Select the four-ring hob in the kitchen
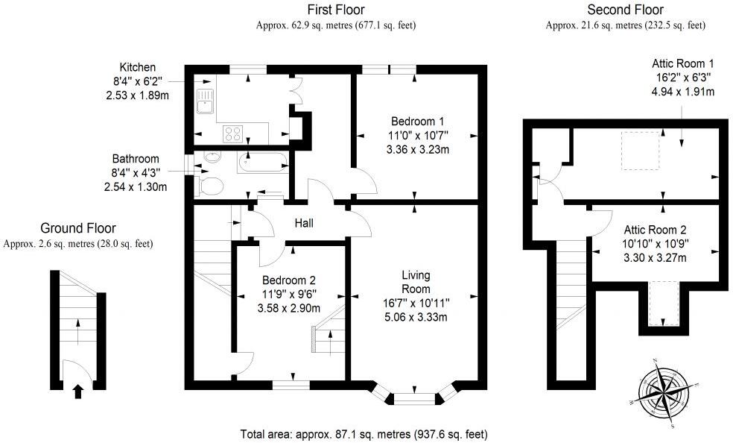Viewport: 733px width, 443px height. pyautogui.click(x=232, y=133)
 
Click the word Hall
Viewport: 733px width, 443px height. pyautogui.click(x=305, y=223)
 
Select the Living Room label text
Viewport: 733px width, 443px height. pyautogui.click(x=416, y=282)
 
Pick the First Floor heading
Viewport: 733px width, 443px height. pyautogui.click(x=335, y=10)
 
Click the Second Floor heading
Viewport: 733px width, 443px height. pyautogui.click(x=625, y=10)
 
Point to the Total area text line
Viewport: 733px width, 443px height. pyautogui.click(x=364, y=433)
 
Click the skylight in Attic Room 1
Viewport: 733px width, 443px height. pyautogui.click(x=640, y=150)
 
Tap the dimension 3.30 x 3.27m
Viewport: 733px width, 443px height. pyautogui.click(x=655, y=258)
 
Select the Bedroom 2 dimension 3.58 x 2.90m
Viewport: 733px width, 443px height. pyautogui.click(x=289, y=308)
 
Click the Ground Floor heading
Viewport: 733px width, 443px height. pyautogui.click(x=77, y=228)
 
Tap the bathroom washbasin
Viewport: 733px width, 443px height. pyautogui.click(x=212, y=158)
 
